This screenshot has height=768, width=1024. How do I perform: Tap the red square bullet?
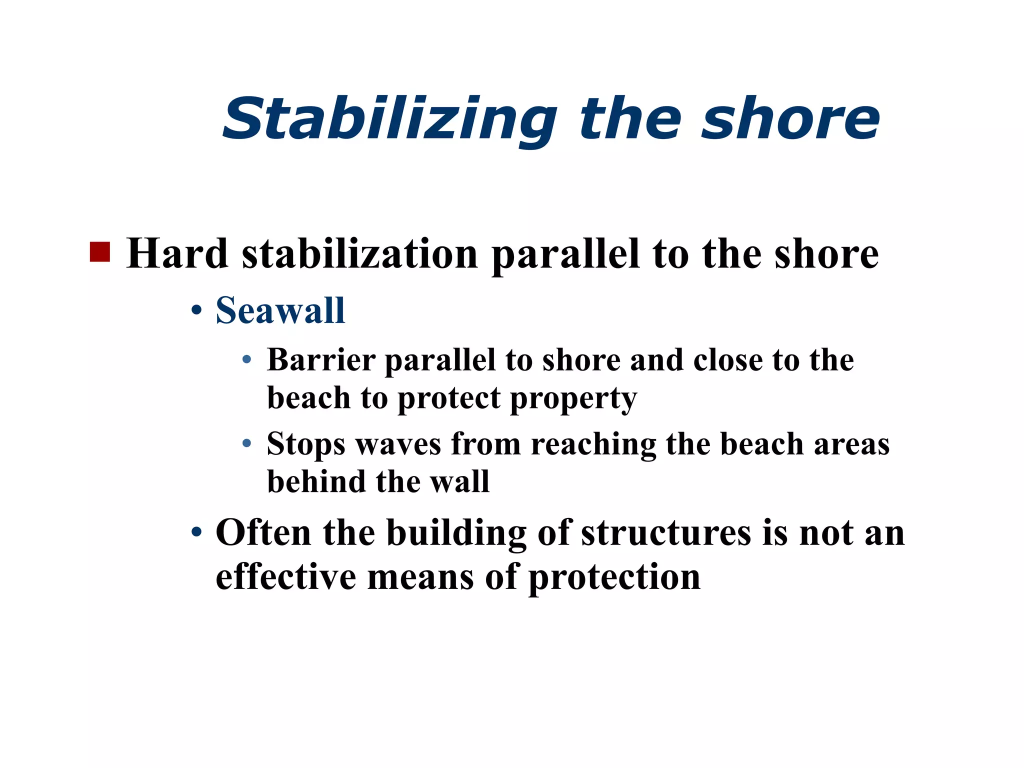(x=99, y=252)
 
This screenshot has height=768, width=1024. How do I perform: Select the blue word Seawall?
(x=280, y=310)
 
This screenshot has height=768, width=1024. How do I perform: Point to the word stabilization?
(x=360, y=253)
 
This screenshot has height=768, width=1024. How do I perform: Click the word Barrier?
(x=321, y=359)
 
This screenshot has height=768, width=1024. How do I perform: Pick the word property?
(x=573, y=399)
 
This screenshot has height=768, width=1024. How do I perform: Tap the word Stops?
(x=305, y=444)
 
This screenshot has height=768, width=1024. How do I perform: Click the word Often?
(x=263, y=532)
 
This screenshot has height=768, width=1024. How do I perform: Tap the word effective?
(x=286, y=577)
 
